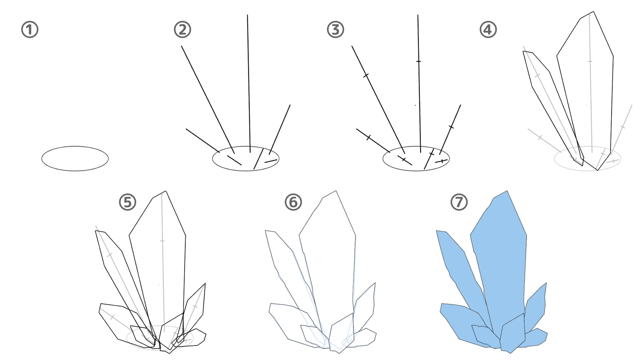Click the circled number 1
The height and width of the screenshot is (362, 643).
pyautogui.click(x=30, y=29)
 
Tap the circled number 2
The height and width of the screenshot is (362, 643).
pyautogui.click(x=183, y=29)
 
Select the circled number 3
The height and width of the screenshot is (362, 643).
pyautogui.click(x=335, y=29)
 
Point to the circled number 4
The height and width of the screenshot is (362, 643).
pyautogui.click(x=488, y=29)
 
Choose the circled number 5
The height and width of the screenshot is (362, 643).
pyautogui.click(x=128, y=202)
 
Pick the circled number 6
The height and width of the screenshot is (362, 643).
pyautogui.click(x=293, y=202)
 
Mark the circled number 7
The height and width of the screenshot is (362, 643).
pyautogui.click(x=459, y=202)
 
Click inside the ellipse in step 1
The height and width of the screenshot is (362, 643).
pyautogui.click(x=75, y=159)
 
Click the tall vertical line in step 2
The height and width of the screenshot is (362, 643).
pyautogui.click(x=249, y=84)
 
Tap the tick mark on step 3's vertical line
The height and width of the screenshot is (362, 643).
pyautogui.click(x=418, y=61)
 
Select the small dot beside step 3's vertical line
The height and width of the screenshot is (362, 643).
pyautogui.click(x=415, y=105)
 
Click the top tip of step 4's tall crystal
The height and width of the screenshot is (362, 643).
pyautogui.click(x=594, y=11)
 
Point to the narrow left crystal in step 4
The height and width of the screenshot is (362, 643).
pyautogui.click(x=553, y=107)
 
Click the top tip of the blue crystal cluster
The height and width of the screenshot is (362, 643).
pyautogui.click(x=507, y=191)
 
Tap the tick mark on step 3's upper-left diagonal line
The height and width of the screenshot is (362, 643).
pyautogui.click(x=366, y=75)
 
